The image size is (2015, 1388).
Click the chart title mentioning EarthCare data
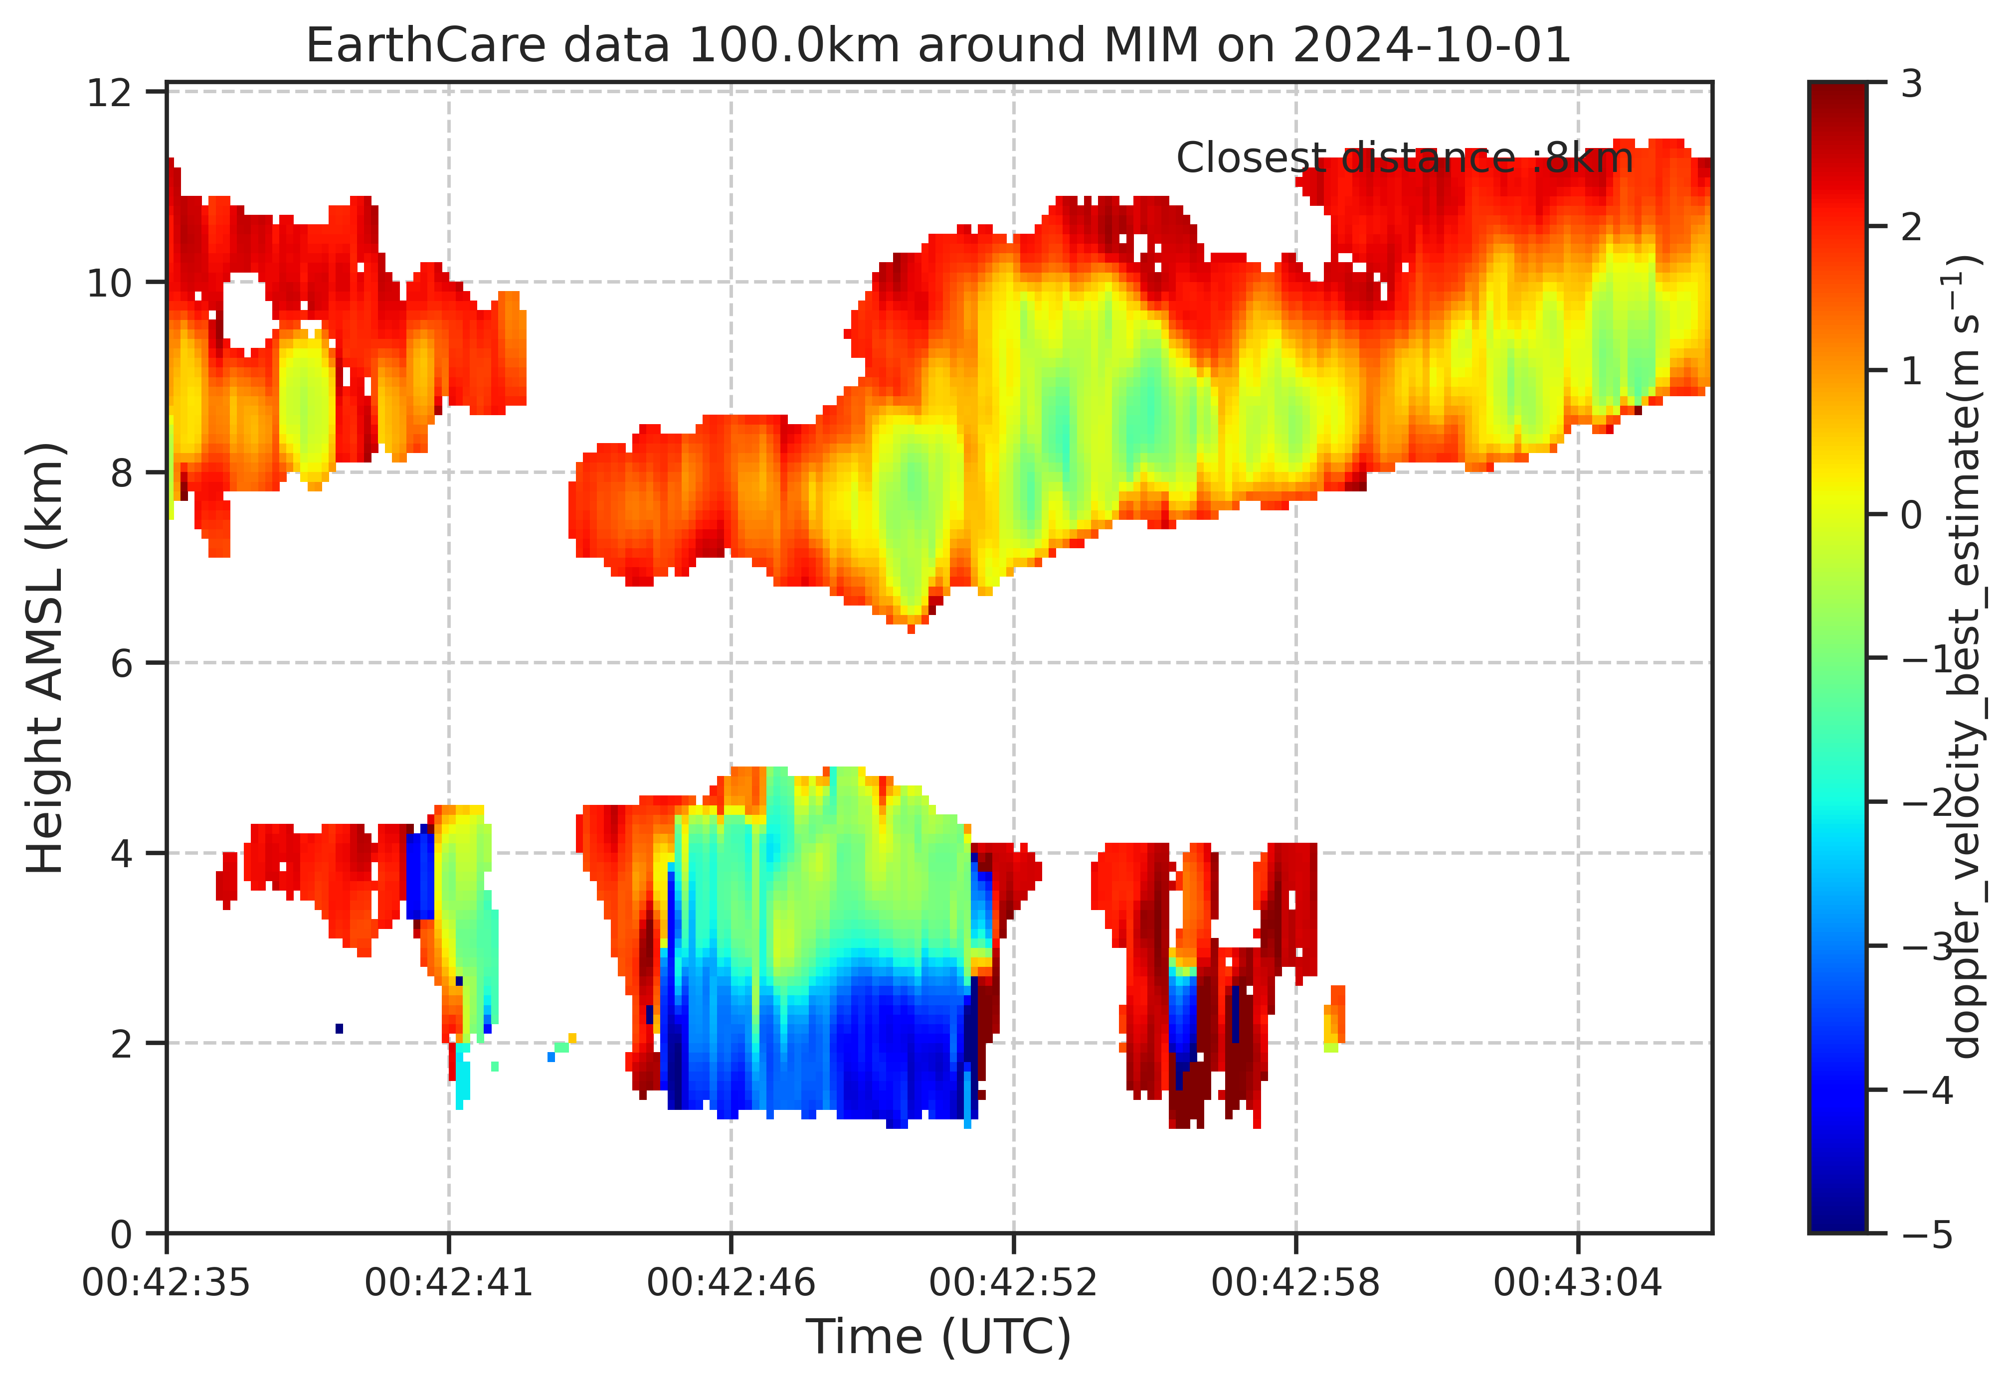pos(939,45)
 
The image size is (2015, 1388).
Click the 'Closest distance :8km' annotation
pos(1404,158)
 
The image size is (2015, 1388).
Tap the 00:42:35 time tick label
pos(166,1283)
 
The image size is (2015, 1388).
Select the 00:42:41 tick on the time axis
pos(449,1283)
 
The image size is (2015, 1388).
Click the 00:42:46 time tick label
pos(731,1283)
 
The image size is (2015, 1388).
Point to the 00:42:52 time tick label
pos(1014,1283)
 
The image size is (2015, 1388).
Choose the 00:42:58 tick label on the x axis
pos(1296,1283)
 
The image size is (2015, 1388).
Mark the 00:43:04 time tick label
pos(1578,1283)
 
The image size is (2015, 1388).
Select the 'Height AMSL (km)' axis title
pos(45,658)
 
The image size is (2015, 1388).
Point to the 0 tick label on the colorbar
pos(1911,515)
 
